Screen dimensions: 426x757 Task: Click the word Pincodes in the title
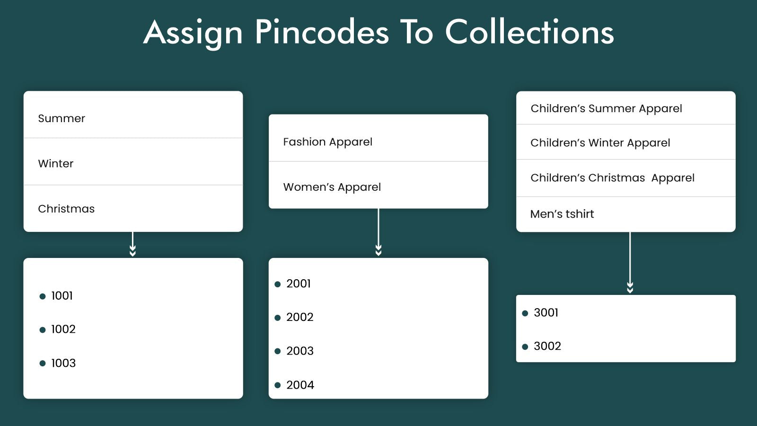322,32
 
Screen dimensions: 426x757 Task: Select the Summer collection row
62,118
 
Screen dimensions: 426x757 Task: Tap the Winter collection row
56,164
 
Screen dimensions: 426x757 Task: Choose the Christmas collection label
66,209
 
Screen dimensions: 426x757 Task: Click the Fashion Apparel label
327,142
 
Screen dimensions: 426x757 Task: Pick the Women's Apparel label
332,187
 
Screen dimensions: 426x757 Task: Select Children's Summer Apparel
606,108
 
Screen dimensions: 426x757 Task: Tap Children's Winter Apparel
600,143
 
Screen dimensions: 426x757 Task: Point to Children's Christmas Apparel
612,178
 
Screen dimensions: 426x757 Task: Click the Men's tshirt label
562,214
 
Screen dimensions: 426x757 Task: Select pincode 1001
62,296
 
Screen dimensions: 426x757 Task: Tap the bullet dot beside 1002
43,330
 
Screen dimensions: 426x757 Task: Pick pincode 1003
63,363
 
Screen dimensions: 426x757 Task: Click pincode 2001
299,284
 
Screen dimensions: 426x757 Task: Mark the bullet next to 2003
278,351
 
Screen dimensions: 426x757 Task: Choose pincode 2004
300,385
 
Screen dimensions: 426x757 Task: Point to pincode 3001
546,312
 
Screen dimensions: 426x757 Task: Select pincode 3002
547,346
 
